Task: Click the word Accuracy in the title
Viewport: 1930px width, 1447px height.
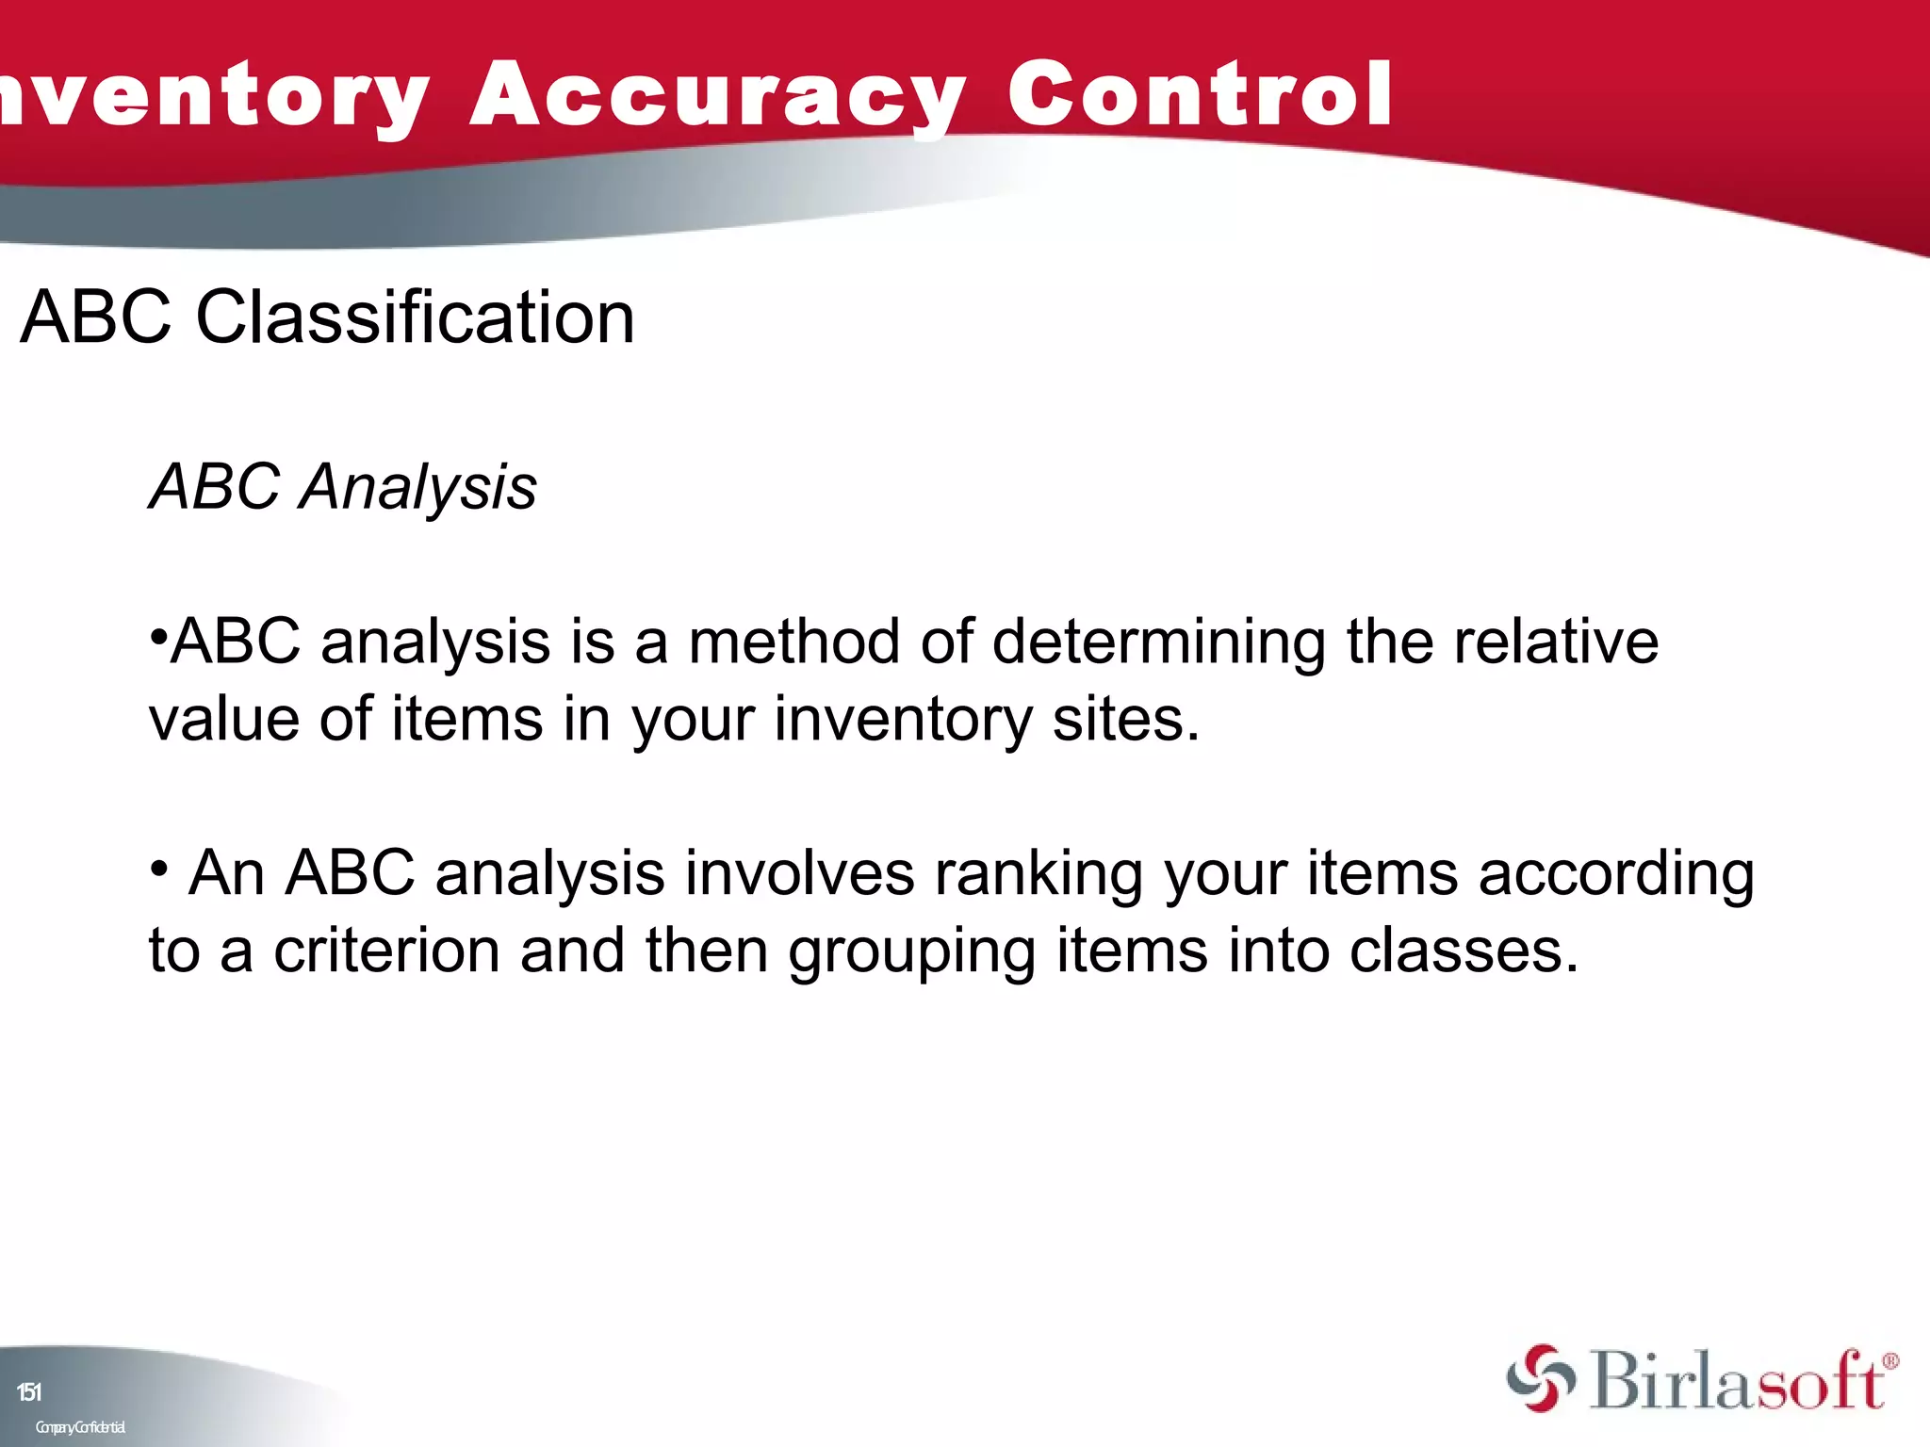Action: point(716,94)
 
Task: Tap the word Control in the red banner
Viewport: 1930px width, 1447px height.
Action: point(1199,94)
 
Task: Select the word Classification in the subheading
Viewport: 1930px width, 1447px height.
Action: point(415,317)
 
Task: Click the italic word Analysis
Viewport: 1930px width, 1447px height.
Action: point(417,488)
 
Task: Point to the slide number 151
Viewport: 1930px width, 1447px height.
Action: point(29,1391)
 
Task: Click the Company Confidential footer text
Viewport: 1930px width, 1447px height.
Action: point(80,1427)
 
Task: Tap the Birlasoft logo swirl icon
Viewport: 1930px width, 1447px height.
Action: point(1540,1379)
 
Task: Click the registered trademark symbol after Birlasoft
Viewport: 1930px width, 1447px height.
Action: point(1889,1361)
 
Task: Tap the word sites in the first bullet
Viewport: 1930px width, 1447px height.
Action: point(1125,720)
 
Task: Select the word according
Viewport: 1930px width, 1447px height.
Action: point(1615,874)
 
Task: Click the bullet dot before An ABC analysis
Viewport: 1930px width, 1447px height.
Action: point(159,866)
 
